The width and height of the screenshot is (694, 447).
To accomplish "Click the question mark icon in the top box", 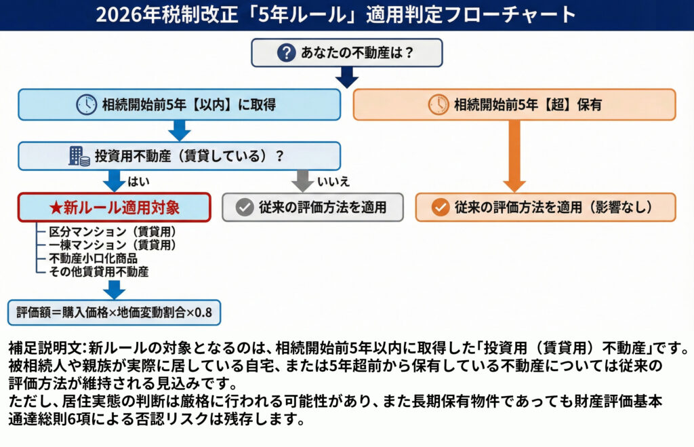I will pyautogui.click(x=287, y=53).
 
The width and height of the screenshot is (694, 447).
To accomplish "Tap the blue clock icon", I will pyautogui.click(x=86, y=104).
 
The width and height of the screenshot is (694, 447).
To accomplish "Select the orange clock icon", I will pyautogui.click(x=438, y=104).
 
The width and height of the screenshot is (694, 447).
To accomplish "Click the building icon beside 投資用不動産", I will pyautogui.click(x=79, y=156).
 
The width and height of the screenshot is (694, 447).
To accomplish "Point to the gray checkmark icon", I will pyautogui.click(x=245, y=208).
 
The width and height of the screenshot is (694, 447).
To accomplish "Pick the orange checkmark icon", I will pyautogui.click(x=441, y=208).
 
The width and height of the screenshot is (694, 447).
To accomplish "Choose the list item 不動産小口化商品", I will pyautogui.click(x=93, y=258).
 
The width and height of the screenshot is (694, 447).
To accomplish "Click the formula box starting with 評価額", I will pyautogui.click(x=115, y=313).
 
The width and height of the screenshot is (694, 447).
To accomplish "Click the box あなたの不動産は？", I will pyautogui.click(x=346, y=53).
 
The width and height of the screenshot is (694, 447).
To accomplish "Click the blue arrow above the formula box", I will pyautogui.click(x=115, y=289).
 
